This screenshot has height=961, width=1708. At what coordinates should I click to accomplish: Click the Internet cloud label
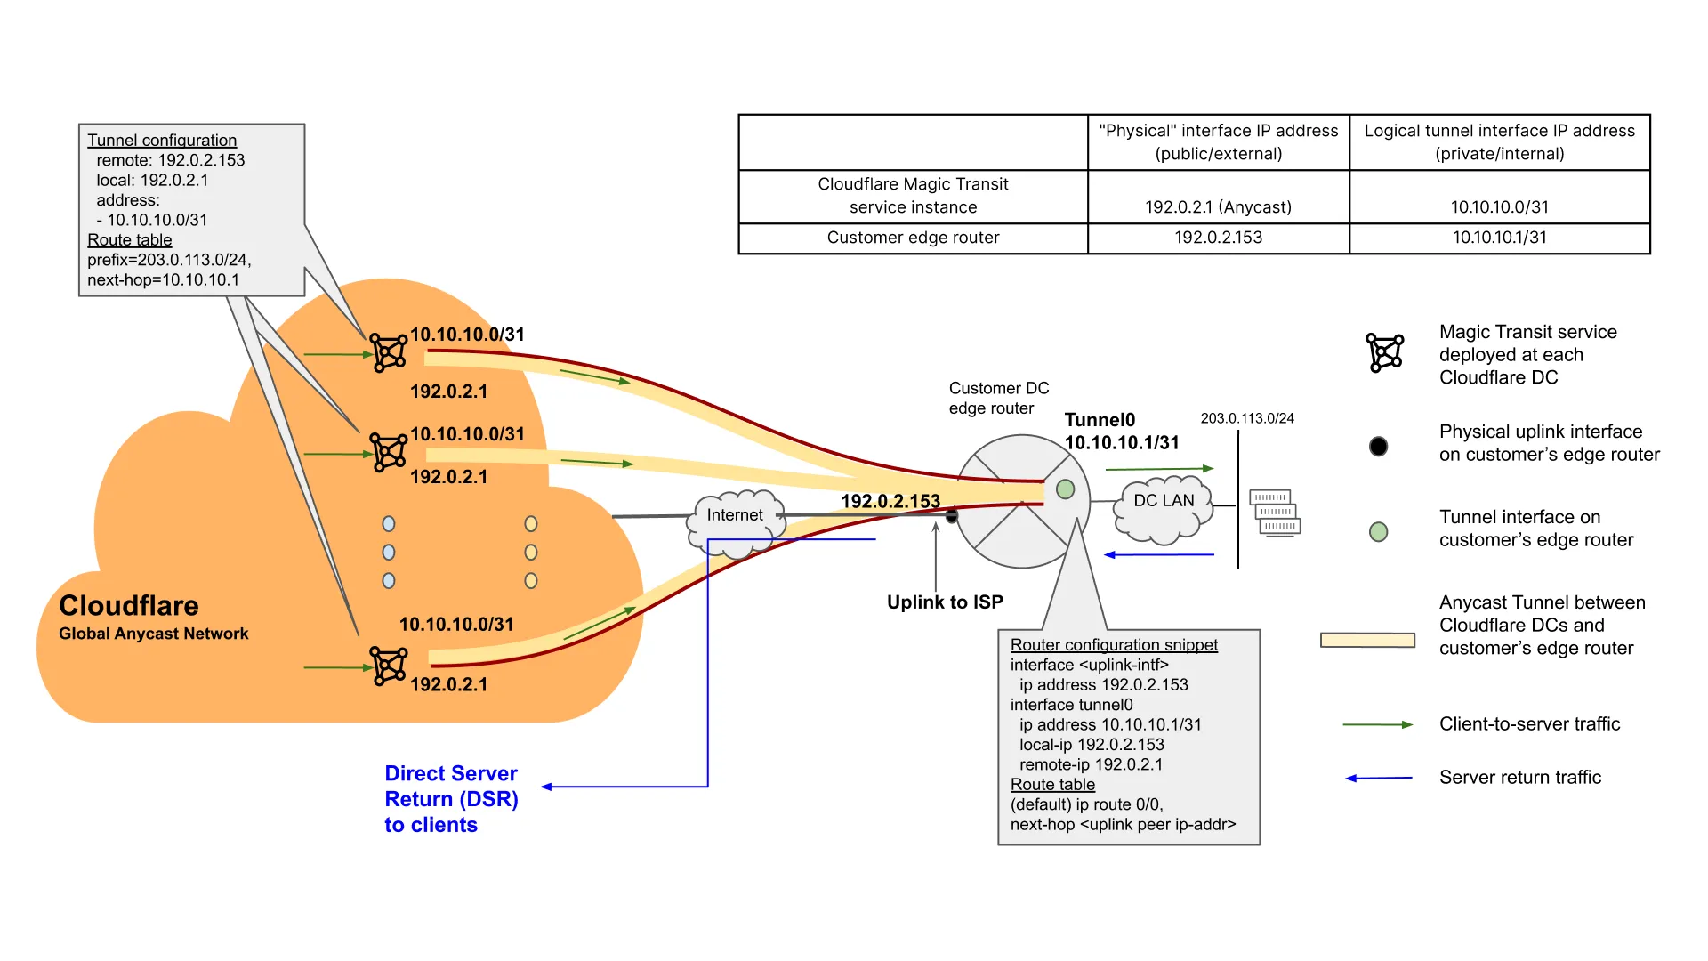click(x=734, y=515)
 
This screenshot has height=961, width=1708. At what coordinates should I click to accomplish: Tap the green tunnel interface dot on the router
click(x=1065, y=489)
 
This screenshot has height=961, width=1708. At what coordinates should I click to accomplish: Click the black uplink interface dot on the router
click(x=952, y=516)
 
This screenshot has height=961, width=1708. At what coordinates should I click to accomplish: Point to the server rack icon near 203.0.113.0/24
click(x=1275, y=513)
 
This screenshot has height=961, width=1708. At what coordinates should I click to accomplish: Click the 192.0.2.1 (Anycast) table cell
click(x=1218, y=207)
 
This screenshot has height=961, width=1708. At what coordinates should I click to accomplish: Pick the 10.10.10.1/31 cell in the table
click(x=1499, y=238)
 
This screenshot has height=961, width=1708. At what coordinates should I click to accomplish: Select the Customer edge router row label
click(x=913, y=238)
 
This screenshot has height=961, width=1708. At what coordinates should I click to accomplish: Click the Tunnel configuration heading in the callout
click(x=162, y=141)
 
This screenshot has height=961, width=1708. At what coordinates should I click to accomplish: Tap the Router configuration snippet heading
click(x=1114, y=645)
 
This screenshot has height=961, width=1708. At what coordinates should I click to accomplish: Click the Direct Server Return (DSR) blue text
click(x=451, y=798)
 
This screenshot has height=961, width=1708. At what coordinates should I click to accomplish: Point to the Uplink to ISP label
click(x=945, y=602)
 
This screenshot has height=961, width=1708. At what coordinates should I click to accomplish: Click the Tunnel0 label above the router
click(x=1100, y=420)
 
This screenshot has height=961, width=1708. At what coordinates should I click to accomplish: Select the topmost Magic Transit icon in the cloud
click(x=389, y=352)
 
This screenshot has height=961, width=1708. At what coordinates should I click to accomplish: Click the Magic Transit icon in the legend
click(x=1385, y=353)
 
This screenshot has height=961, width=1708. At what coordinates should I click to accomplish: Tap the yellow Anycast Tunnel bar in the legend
click(x=1367, y=640)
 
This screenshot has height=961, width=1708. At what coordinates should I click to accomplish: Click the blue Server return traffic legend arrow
click(x=1378, y=778)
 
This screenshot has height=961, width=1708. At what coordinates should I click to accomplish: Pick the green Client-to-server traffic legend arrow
click(x=1377, y=725)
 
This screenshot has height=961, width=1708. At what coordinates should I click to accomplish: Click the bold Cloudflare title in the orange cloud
click(x=129, y=606)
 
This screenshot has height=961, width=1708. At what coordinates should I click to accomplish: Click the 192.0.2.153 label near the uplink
click(x=890, y=502)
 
